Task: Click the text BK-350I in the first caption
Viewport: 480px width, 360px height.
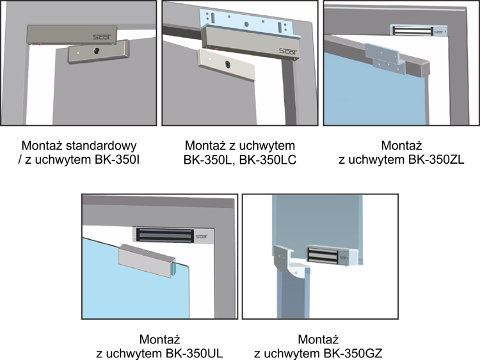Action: tap(117, 160)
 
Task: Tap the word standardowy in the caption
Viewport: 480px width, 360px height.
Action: tap(101, 146)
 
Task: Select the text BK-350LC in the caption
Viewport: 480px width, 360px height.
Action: tap(268, 160)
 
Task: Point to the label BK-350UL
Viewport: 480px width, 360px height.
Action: tap(195, 354)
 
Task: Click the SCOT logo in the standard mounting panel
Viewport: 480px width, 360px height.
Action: tap(102, 37)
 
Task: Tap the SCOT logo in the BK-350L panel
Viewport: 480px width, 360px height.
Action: tap(288, 51)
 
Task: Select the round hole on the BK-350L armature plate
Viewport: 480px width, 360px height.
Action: tap(228, 64)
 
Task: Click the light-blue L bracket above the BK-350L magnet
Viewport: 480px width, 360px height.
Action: tap(250, 24)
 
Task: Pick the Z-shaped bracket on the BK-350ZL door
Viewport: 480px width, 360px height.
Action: tap(386, 59)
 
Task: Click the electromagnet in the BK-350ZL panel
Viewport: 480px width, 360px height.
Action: tap(419, 30)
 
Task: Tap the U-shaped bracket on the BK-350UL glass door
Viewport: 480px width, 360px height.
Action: tap(148, 260)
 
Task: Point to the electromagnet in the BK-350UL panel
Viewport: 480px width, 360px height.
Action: tap(173, 235)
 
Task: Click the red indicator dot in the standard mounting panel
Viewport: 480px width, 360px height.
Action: tap(40, 45)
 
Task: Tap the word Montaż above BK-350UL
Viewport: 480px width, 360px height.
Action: tap(159, 340)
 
